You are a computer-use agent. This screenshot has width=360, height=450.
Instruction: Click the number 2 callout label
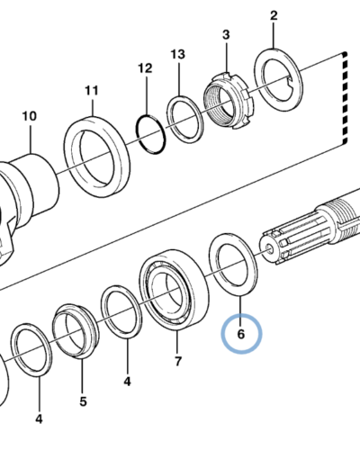(274, 16)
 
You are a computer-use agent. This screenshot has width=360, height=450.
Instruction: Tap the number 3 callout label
(226, 34)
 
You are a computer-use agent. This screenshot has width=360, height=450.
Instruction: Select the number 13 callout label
(178, 54)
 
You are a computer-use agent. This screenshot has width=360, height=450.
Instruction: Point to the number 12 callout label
(145, 68)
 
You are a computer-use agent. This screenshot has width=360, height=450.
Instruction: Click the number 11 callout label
(92, 90)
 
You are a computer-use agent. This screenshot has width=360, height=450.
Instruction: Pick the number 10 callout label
(30, 116)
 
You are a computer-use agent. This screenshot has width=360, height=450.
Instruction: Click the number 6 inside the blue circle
(241, 334)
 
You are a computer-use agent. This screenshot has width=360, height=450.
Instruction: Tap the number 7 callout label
(178, 361)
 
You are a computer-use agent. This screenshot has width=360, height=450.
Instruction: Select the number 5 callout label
(83, 401)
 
